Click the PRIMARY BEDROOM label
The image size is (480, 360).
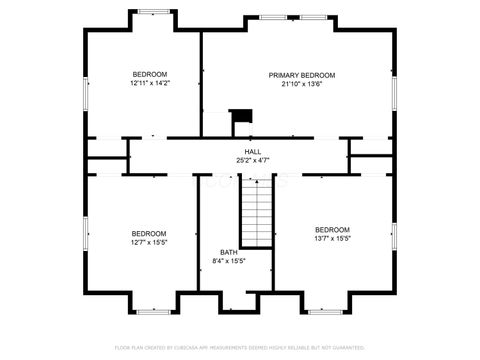pyautogui.click(x=301, y=75)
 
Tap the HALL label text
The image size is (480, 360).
pyautogui.click(x=253, y=151)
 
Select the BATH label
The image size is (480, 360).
pyautogui.click(x=229, y=252)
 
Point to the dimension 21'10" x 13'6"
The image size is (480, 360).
pyautogui.click(x=301, y=85)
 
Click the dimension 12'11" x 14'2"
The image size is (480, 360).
pyautogui.click(x=150, y=84)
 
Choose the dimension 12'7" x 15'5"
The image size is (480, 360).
pyautogui.click(x=150, y=241)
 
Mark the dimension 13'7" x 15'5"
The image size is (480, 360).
pyautogui.click(x=332, y=238)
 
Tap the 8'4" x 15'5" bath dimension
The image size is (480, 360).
pyautogui.click(x=229, y=261)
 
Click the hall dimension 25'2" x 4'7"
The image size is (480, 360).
pyautogui.click(x=253, y=160)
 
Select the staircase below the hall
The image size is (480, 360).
pyautogui.click(x=256, y=212)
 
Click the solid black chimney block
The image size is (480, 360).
pyautogui.click(x=239, y=116)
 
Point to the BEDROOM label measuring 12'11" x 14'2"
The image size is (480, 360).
pyautogui.click(x=150, y=74)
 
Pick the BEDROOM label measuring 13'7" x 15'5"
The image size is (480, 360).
pyautogui.click(x=332, y=229)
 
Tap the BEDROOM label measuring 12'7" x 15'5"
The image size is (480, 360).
pyautogui.click(x=150, y=232)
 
